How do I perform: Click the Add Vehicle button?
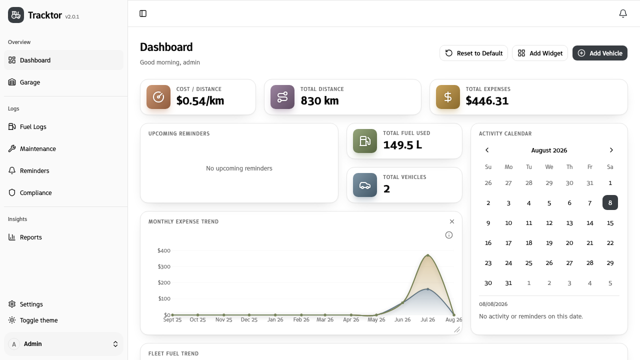coord(599,53)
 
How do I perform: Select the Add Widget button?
coord(539,53)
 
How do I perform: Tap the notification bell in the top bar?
coord(623,13)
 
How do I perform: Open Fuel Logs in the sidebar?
coord(33,126)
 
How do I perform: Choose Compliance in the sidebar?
coord(35,192)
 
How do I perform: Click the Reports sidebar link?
coord(30,237)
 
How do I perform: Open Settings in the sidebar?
coord(31,304)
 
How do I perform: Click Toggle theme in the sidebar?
coord(38,320)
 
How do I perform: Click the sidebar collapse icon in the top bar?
coord(143,13)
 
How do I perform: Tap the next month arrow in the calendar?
coord(611,150)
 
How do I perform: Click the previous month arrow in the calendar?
coord(487,150)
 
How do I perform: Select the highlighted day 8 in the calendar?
coord(610,202)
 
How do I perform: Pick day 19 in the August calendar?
coord(549,243)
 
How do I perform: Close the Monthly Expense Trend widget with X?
coord(451,221)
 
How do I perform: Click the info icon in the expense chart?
coord(449,235)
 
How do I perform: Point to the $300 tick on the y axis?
coord(164,266)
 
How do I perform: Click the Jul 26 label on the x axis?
coord(427,319)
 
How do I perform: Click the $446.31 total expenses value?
coord(487,101)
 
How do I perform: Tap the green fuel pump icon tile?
coord(365,141)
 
